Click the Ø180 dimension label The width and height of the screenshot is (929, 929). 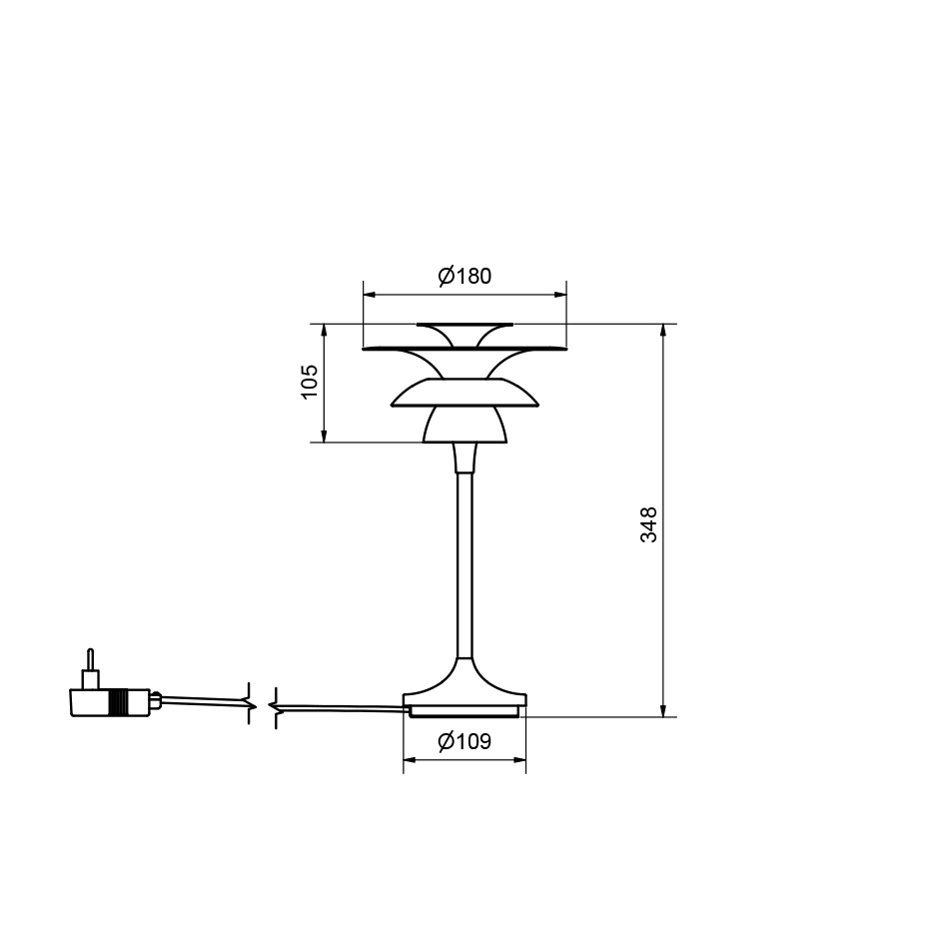(x=464, y=277)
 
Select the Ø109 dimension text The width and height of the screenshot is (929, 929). (x=464, y=742)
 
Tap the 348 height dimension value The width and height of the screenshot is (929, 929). (x=649, y=524)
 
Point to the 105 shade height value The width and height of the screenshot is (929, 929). (x=310, y=383)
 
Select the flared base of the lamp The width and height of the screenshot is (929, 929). (x=464, y=689)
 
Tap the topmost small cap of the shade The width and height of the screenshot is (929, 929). (x=464, y=329)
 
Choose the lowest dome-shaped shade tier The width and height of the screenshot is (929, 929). (x=464, y=425)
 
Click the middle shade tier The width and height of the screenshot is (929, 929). (x=464, y=394)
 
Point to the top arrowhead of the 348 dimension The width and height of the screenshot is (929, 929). (x=662, y=331)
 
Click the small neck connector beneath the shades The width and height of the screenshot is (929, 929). (x=464, y=458)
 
